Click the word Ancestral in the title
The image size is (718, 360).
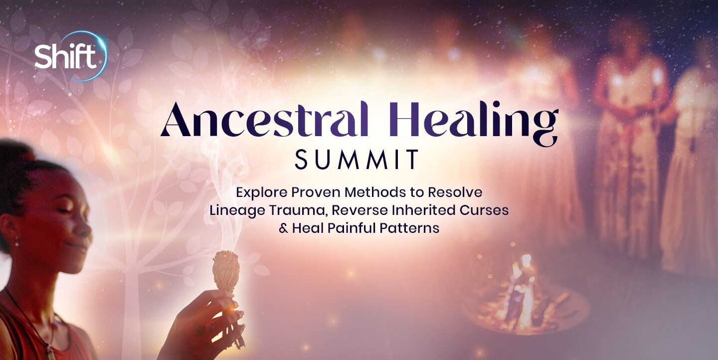click(264, 120)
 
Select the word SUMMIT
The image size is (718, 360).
click(357, 159)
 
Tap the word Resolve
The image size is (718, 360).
click(455, 192)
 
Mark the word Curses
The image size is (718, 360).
click(484, 210)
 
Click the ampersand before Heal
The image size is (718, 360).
click(283, 228)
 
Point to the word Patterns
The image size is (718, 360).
click(410, 228)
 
